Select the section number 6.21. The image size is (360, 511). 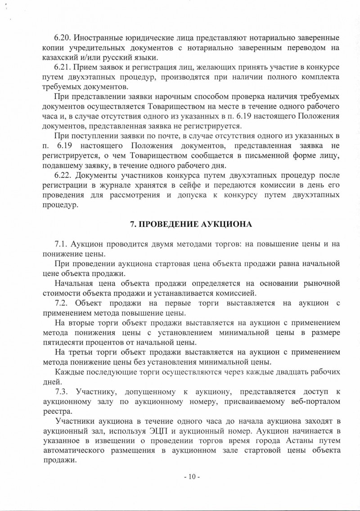click(x=63, y=67)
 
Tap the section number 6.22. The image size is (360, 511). click(x=63, y=175)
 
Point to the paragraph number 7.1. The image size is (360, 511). click(x=61, y=244)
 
